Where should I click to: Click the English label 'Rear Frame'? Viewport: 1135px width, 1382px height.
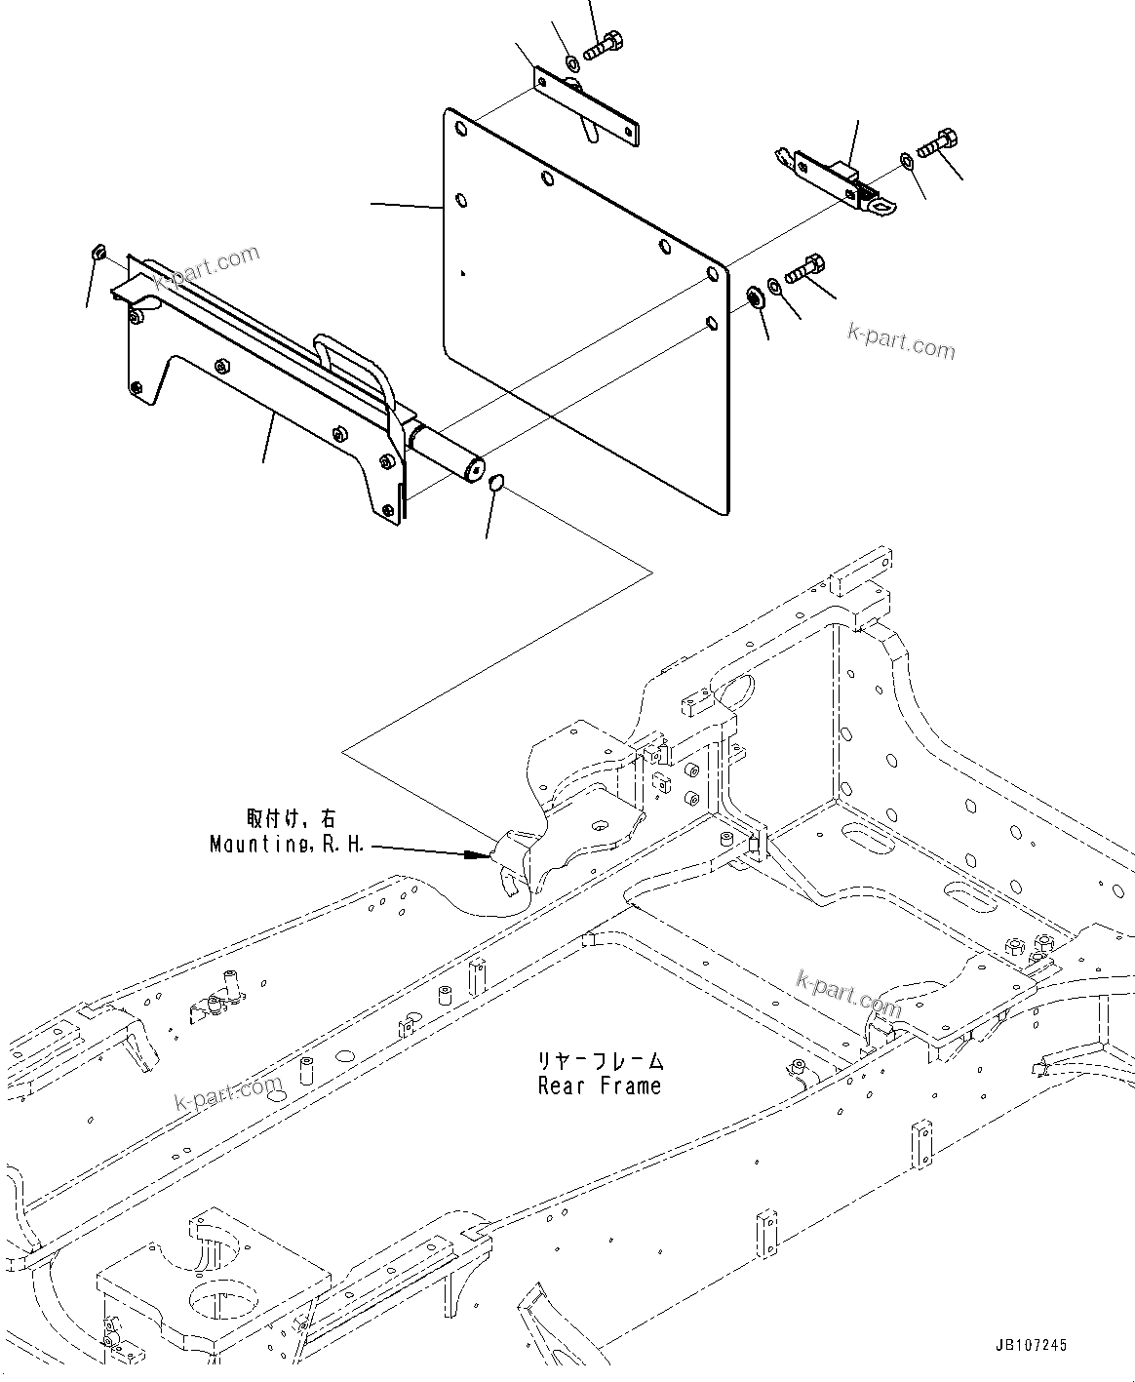coord(599,1086)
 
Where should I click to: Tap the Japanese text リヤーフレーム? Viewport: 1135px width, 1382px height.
coord(599,1061)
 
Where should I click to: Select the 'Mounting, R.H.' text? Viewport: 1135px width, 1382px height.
coord(288,844)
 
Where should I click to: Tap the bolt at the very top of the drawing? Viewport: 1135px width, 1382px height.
coord(604,44)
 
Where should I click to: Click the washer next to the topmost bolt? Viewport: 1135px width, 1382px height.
coord(573,64)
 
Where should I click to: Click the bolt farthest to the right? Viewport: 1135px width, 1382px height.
coord(935,142)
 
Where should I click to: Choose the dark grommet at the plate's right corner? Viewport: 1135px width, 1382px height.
coord(754,296)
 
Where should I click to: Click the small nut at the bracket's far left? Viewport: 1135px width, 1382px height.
coord(98,254)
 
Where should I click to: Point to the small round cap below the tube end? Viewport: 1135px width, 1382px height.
coord(495,483)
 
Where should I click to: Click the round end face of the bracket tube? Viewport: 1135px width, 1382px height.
coord(475,470)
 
